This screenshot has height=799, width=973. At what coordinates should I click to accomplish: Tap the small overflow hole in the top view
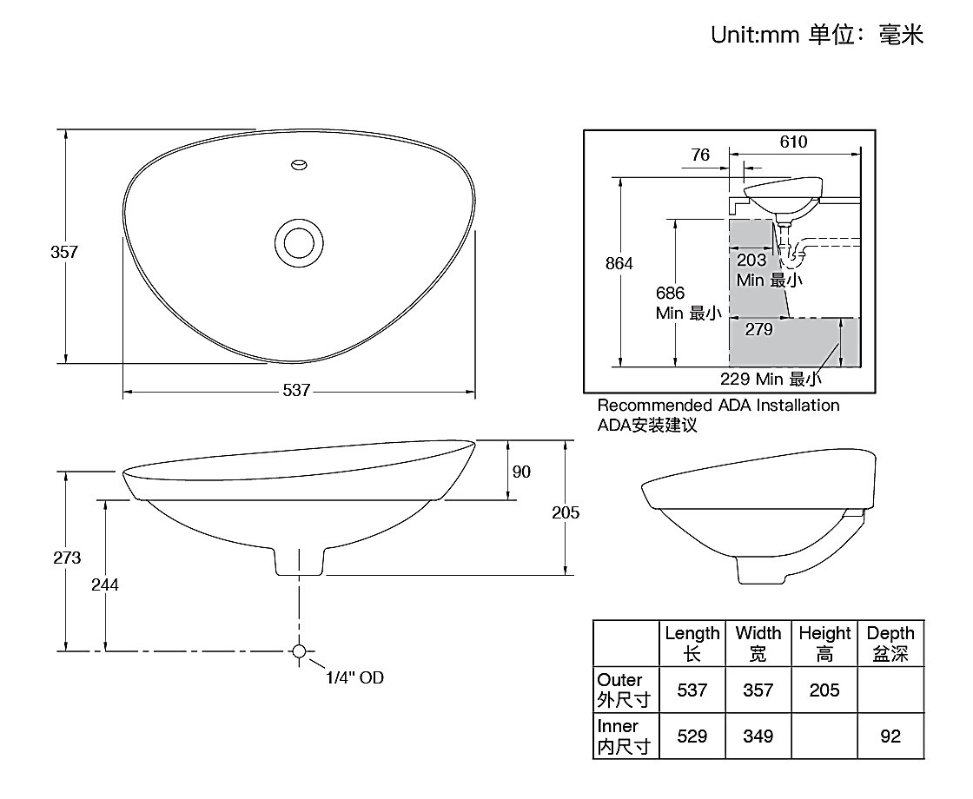[300, 163]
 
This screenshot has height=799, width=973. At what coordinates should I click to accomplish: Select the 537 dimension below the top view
[296, 391]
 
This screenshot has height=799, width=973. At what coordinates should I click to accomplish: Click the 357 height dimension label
[64, 252]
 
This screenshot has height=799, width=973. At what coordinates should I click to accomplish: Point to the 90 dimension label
[521, 472]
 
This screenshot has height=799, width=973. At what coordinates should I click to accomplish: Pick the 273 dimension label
[66, 558]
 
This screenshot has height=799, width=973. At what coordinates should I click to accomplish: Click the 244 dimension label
[105, 584]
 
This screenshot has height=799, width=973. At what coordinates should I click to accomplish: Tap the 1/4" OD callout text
[354, 677]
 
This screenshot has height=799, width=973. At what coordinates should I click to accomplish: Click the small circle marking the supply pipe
[300, 651]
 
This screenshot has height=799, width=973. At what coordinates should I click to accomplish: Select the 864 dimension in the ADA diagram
[619, 263]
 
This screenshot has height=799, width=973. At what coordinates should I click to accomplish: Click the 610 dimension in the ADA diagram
[793, 142]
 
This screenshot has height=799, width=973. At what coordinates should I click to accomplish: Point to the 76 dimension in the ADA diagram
[700, 155]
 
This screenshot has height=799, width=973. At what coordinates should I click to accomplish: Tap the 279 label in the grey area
[758, 329]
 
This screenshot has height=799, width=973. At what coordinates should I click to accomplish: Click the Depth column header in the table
[890, 643]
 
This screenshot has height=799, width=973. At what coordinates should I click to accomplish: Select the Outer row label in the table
[620, 689]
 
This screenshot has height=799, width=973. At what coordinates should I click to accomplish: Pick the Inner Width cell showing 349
[758, 736]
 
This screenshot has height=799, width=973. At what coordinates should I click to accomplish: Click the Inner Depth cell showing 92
[890, 736]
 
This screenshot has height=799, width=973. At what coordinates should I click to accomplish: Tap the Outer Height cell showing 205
[824, 690]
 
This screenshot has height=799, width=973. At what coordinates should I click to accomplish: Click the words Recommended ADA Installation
[718, 406]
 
